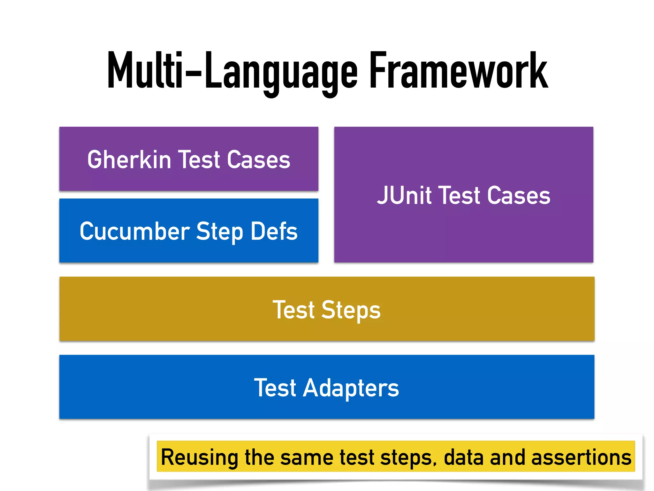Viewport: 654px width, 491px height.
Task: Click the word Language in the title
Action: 281,72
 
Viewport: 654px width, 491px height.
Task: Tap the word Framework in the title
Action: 459,70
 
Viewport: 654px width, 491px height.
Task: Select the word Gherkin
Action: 129,160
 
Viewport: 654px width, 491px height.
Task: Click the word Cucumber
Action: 135,231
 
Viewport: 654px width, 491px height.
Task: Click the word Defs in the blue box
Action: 274,231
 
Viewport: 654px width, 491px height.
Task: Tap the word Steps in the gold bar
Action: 351,310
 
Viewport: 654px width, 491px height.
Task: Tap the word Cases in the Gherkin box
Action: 258,160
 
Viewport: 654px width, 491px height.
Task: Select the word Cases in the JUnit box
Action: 519,195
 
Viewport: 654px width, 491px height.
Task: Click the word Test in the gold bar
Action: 293,310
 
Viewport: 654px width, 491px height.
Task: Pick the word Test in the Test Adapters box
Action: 275,388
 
